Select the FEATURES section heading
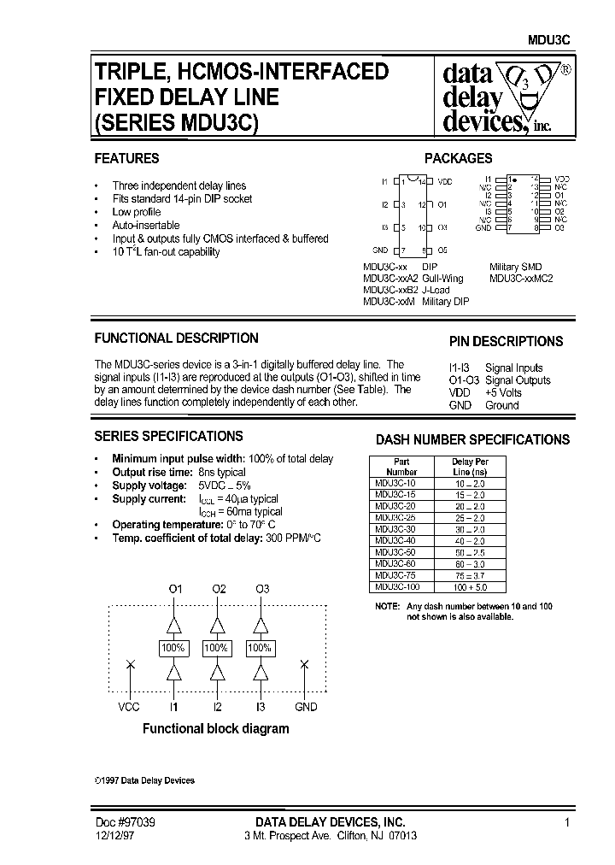tap(126, 158)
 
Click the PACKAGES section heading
tap(459, 158)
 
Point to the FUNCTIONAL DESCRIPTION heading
tap(176, 338)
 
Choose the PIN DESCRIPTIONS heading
tap(506, 341)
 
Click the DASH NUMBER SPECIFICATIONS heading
tap(472, 440)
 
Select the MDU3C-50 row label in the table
tap(395, 553)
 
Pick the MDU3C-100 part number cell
tap(397, 587)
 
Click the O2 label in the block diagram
tap(219, 589)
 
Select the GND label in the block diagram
tap(305, 707)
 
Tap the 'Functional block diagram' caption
tap(215, 729)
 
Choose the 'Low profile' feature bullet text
tap(137, 212)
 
